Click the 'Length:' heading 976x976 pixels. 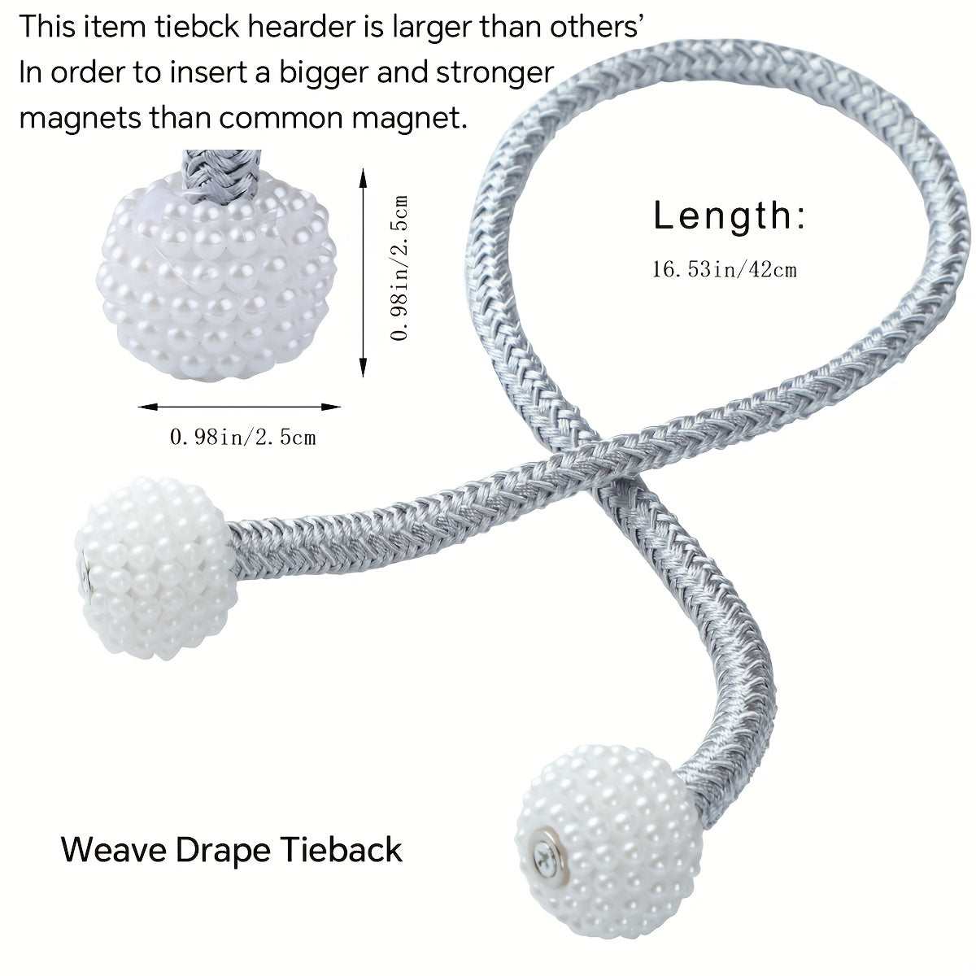click(730, 216)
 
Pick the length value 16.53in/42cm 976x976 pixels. click(724, 269)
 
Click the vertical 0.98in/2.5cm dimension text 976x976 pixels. click(399, 268)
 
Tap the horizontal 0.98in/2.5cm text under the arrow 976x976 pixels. click(242, 438)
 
